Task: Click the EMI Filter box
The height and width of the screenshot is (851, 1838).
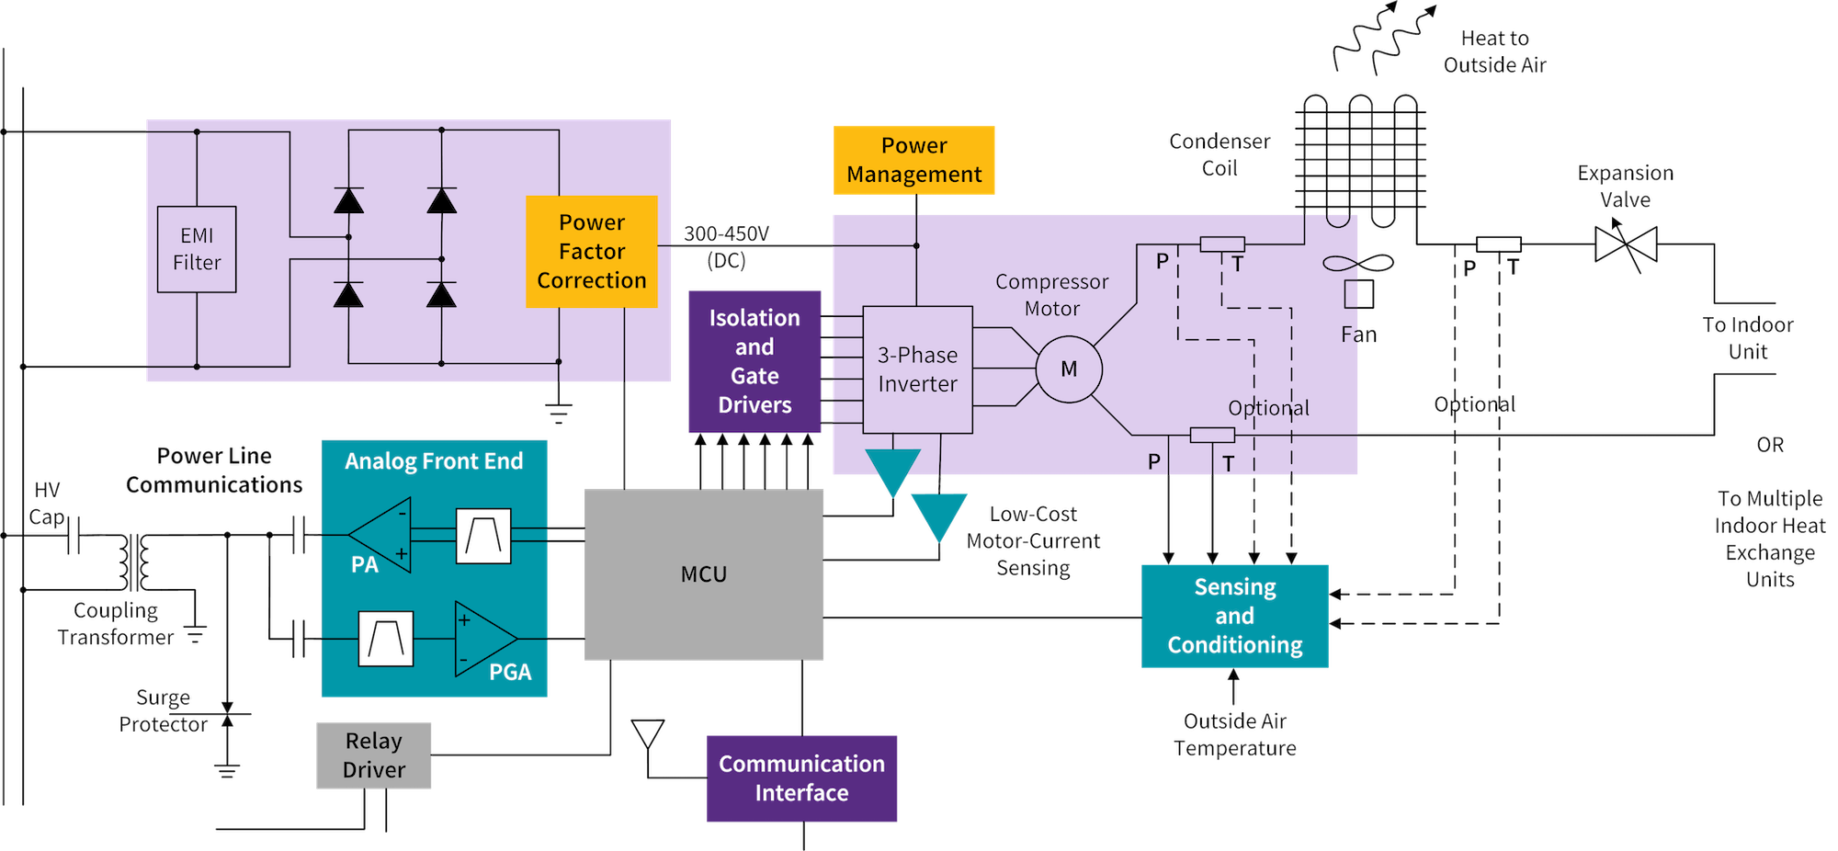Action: tap(197, 249)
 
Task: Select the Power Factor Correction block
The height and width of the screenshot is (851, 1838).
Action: tap(591, 251)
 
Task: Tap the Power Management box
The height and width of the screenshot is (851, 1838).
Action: tap(913, 160)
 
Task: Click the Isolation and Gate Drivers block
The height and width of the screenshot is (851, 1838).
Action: tap(754, 361)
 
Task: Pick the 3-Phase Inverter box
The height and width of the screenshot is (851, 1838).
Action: tap(917, 369)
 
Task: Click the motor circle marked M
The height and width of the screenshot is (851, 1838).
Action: tap(1069, 369)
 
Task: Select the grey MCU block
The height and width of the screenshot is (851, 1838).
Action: tap(704, 574)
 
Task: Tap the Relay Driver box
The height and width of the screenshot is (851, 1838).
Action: tap(373, 755)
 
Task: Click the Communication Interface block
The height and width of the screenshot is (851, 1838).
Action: tap(800, 777)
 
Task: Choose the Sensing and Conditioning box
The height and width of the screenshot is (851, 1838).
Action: tap(1234, 616)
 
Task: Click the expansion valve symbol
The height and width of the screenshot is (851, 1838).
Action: tap(1627, 245)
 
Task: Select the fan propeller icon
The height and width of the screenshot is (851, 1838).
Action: tap(1358, 265)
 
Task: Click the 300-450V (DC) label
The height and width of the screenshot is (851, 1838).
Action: tap(726, 246)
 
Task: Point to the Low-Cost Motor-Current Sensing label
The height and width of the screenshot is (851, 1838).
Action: tap(1034, 541)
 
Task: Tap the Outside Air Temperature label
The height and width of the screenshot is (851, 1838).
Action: tap(1234, 734)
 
